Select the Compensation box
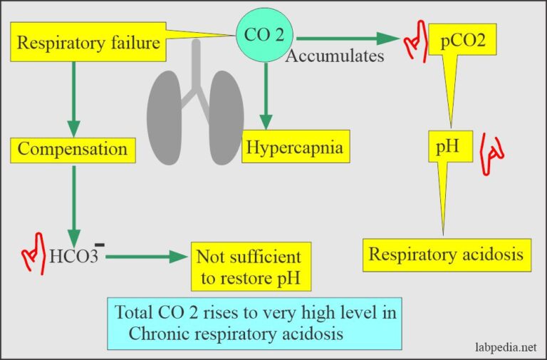[x=73, y=149]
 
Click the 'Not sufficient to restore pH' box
[x=249, y=266]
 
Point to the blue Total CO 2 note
[x=255, y=322]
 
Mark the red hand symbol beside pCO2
[x=413, y=44]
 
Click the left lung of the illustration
[x=165, y=110]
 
